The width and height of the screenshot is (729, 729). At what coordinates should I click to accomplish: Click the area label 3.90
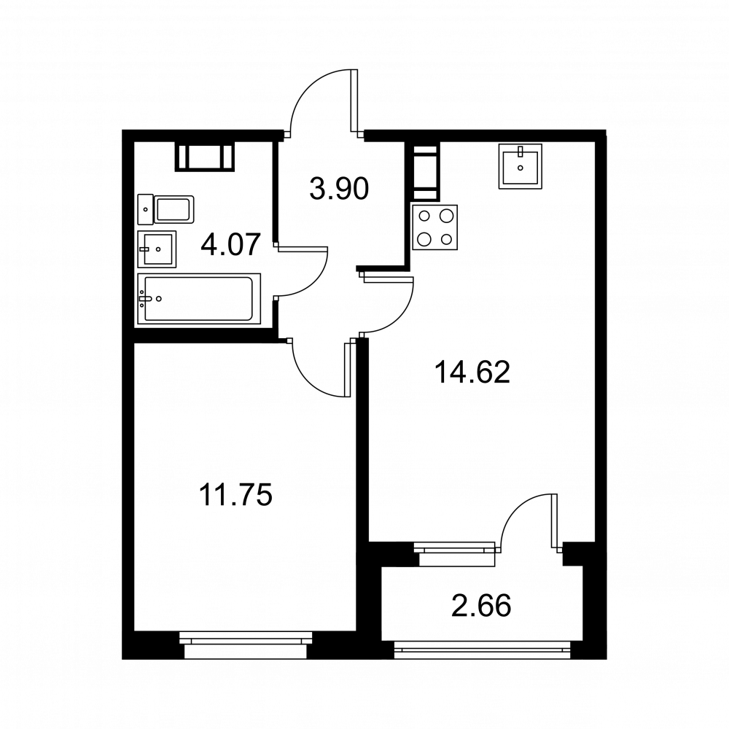[339, 189]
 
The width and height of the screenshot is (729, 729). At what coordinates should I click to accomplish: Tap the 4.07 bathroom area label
[230, 245]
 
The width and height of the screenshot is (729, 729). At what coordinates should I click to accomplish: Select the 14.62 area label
[472, 373]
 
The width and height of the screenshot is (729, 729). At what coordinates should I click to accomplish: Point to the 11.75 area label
[235, 494]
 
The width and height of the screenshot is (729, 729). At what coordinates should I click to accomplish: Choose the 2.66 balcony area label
[481, 606]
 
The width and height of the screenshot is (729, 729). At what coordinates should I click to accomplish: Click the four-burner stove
[434, 227]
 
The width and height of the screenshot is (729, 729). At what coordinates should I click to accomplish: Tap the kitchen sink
[521, 166]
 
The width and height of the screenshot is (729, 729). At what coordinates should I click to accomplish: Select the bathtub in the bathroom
[198, 299]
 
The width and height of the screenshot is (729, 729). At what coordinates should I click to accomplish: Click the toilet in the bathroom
[165, 209]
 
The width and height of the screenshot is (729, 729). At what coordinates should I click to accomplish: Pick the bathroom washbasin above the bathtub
[157, 249]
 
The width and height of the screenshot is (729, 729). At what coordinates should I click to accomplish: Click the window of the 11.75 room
[246, 645]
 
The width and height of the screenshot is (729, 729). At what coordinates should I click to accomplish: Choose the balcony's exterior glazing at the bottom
[482, 650]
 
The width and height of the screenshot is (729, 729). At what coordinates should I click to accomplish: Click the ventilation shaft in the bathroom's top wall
[205, 157]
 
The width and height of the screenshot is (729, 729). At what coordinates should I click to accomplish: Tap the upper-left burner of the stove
[424, 216]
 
